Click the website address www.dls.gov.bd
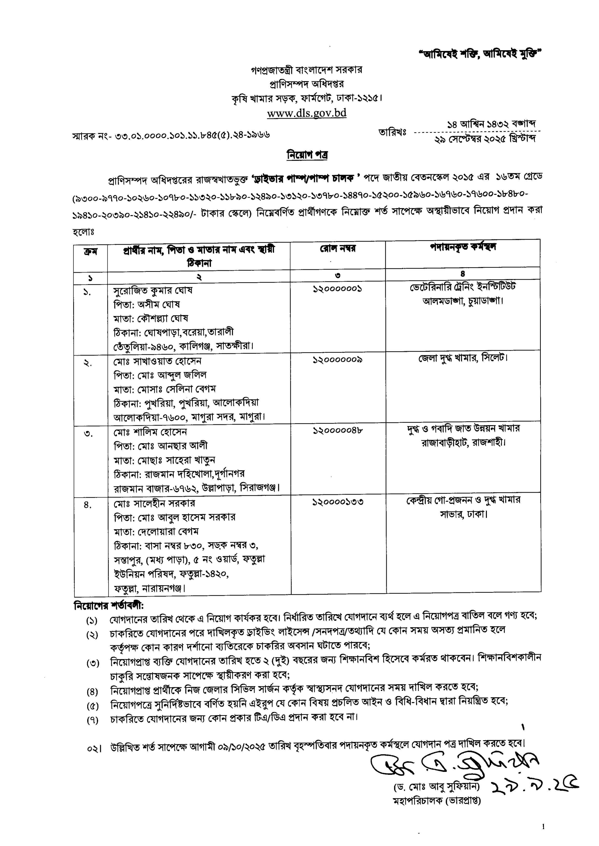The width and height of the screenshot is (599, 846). [307, 113]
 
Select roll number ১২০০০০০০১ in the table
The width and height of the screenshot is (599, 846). [337, 289]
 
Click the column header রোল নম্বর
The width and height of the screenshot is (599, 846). [337, 249]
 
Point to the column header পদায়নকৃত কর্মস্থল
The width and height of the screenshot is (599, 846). [463, 247]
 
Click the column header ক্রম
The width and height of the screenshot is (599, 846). [90, 252]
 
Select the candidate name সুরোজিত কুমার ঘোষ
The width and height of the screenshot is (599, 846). [153, 290]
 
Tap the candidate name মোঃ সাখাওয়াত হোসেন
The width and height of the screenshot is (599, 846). [157, 361]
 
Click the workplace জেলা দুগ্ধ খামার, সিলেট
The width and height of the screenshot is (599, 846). [463, 358]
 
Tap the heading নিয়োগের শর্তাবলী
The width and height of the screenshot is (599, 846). [108, 605]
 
